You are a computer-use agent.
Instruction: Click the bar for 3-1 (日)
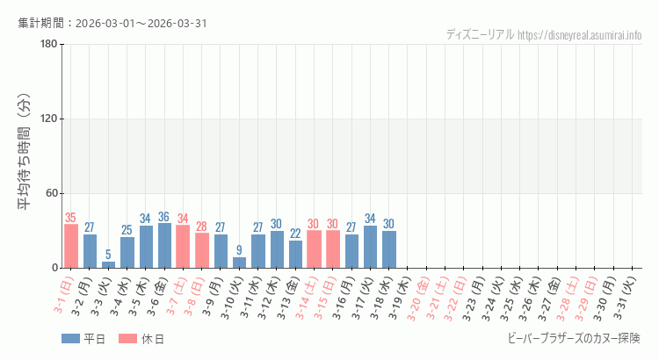pyautogui.click(x=71, y=246)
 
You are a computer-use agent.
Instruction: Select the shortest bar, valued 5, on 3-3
pyautogui.click(x=108, y=264)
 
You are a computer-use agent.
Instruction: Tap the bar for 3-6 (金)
pyautogui.click(x=164, y=246)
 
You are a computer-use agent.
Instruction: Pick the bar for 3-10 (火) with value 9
pyautogui.click(x=239, y=263)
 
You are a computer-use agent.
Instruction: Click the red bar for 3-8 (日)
pyautogui.click(x=202, y=250)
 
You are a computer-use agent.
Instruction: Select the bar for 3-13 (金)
pyautogui.click(x=295, y=254)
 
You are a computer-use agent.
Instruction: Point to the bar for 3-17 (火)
pyautogui.click(x=370, y=247)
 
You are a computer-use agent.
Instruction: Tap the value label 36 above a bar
pyautogui.click(x=164, y=217)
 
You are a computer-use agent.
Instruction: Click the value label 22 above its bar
pyautogui.click(x=295, y=234)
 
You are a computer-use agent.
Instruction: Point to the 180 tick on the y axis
pyautogui.click(x=48, y=45)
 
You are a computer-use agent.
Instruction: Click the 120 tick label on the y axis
pyautogui.click(x=48, y=119)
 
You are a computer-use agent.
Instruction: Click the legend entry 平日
pyautogui.click(x=83, y=339)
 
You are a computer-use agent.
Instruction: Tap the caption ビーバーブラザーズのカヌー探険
pyautogui.click(x=574, y=339)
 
